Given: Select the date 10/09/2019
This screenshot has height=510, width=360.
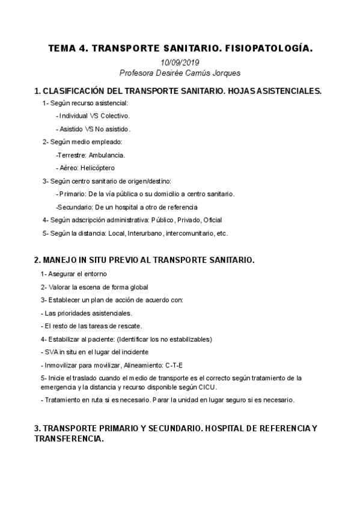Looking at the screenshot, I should [x=180, y=62].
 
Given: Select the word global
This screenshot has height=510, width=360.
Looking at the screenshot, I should [x=137, y=287].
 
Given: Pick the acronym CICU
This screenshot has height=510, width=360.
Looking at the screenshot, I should [x=206, y=387].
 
